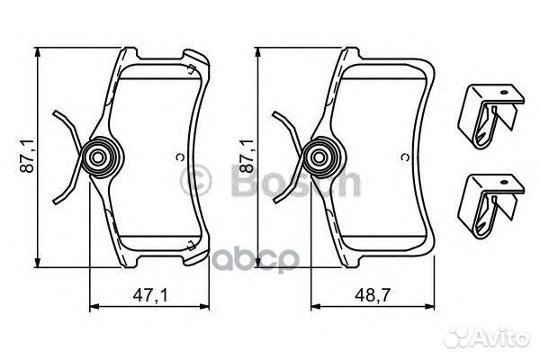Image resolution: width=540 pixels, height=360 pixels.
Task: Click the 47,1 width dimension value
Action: (x=150, y=295)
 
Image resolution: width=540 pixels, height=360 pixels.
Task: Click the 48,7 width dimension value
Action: (x=373, y=295)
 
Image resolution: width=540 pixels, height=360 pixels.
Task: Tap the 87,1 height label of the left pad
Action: (x=28, y=156)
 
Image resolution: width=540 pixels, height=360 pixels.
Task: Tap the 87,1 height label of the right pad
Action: (x=247, y=156)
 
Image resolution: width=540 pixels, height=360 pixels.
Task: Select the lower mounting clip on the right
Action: (x=490, y=206)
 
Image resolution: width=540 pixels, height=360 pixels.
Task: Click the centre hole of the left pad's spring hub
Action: (x=98, y=158)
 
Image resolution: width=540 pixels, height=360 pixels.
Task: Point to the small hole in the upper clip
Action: (x=505, y=93)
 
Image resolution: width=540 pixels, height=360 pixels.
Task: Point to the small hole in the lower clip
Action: (x=505, y=182)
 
